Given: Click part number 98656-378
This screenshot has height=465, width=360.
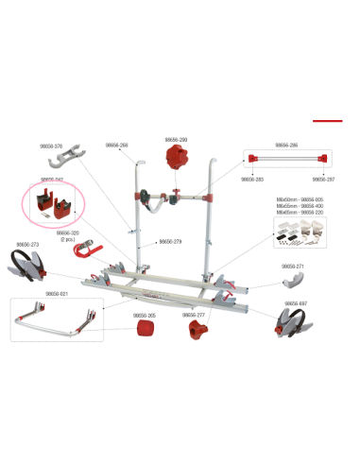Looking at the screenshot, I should click(51, 146).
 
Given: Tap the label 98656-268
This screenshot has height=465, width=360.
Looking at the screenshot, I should click(116, 146).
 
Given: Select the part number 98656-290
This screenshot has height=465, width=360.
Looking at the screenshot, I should click(176, 139).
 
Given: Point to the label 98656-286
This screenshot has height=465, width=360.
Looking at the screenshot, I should click(286, 146).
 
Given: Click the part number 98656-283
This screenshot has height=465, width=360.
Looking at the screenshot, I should click(252, 179).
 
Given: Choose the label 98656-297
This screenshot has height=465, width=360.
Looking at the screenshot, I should click(323, 179).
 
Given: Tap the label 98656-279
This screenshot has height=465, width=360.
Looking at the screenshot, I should click(170, 242).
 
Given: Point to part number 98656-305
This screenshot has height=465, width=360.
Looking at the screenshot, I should click(144, 315).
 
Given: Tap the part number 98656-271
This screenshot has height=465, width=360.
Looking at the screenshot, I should click(293, 267).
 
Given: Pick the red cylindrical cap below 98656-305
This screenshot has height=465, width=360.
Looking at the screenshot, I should click(145, 330).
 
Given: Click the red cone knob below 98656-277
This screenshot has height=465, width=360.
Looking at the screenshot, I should click(198, 331).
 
